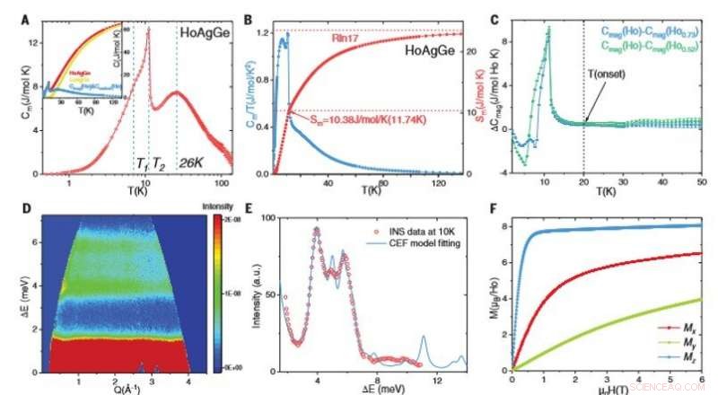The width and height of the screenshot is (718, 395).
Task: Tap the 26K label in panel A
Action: [x=193, y=162]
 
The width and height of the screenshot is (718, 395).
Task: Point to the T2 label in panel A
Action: [x=158, y=162]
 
